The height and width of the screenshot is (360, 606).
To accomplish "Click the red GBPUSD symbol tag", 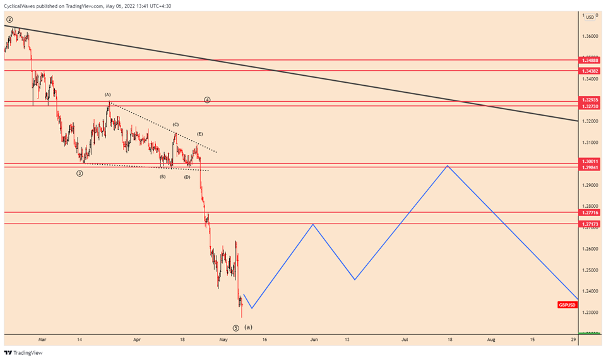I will pos(566,305).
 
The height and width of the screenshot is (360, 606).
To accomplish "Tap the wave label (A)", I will pos(108,95).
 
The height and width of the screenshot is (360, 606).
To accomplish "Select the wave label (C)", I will pos(175,125).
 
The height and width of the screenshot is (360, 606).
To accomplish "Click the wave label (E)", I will pos(199,134).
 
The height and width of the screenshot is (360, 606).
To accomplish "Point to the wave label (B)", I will pos(162,177).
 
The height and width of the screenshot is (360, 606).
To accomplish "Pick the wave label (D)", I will pos(187,177).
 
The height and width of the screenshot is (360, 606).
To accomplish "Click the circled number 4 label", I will pos(207,100).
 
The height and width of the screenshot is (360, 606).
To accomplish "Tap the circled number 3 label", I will pos(80,173).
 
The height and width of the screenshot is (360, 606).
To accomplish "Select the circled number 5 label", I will pos(235,328).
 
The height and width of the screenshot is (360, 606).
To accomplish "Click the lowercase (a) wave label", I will pos(248,327).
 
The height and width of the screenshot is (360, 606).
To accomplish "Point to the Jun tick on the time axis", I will pos(313,339).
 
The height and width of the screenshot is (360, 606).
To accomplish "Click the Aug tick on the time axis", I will pos(491,339).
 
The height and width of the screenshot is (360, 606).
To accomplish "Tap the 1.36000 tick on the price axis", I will pos(591,36).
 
